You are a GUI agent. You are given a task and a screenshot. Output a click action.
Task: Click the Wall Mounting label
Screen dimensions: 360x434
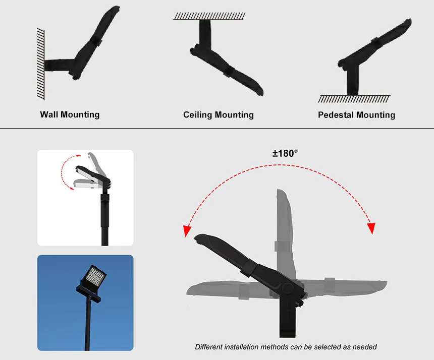(x=70, y=114)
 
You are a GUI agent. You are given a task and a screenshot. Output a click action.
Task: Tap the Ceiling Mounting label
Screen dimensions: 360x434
(x=218, y=115)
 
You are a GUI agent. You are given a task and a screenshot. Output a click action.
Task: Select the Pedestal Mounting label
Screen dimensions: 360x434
(x=356, y=115)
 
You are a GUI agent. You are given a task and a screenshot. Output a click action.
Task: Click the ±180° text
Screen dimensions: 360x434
(x=285, y=153)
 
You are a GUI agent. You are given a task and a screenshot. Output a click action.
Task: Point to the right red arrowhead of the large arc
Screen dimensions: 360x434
(x=371, y=228)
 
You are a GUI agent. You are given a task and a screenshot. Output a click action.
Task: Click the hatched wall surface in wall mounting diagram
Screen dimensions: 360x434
(x=40, y=63)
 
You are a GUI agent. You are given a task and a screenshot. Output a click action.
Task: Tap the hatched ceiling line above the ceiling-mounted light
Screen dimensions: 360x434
(x=209, y=16)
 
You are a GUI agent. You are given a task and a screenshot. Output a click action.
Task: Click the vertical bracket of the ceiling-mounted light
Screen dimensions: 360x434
(x=204, y=32)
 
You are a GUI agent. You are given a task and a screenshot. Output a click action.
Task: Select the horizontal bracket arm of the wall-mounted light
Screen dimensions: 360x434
(x=58, y=65)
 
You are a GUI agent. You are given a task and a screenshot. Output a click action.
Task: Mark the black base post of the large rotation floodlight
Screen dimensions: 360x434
(x=288, y=320)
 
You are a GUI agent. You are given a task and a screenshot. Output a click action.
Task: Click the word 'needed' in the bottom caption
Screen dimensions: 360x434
(x=364, y=347)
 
